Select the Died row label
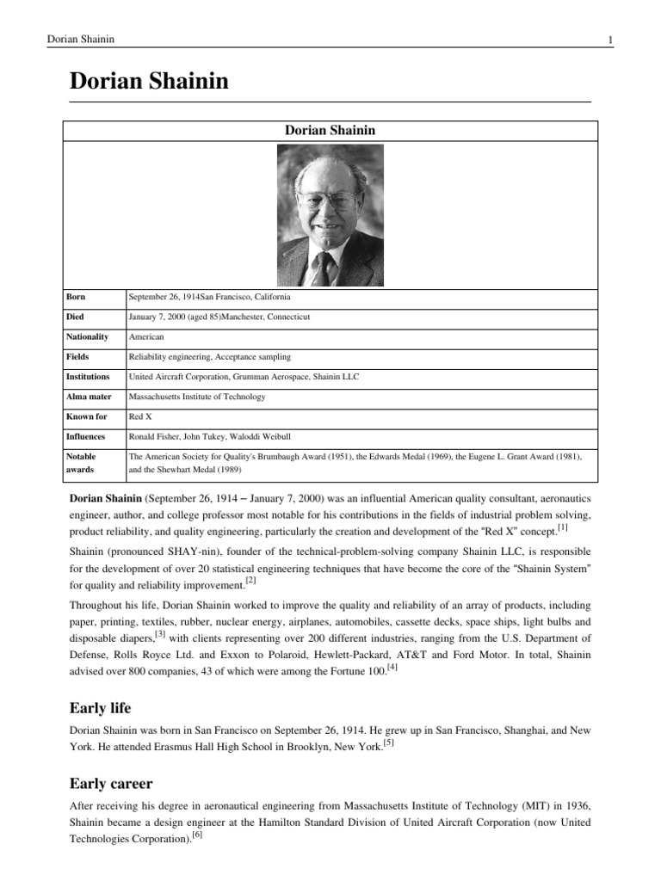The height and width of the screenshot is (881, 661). (x=76, y=317)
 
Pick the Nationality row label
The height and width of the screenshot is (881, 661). (x=87, y=336)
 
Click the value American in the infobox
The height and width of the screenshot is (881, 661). (x=145, y=336)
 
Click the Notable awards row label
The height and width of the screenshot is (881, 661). (x=81, y=463)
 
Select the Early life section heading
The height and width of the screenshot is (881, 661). (x=100, y=708)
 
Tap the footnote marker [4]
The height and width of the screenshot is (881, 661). (x=392, y=665)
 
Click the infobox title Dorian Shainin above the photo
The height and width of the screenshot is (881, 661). (x=330, y=130)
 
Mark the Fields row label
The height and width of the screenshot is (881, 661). (x=77, y=356)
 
